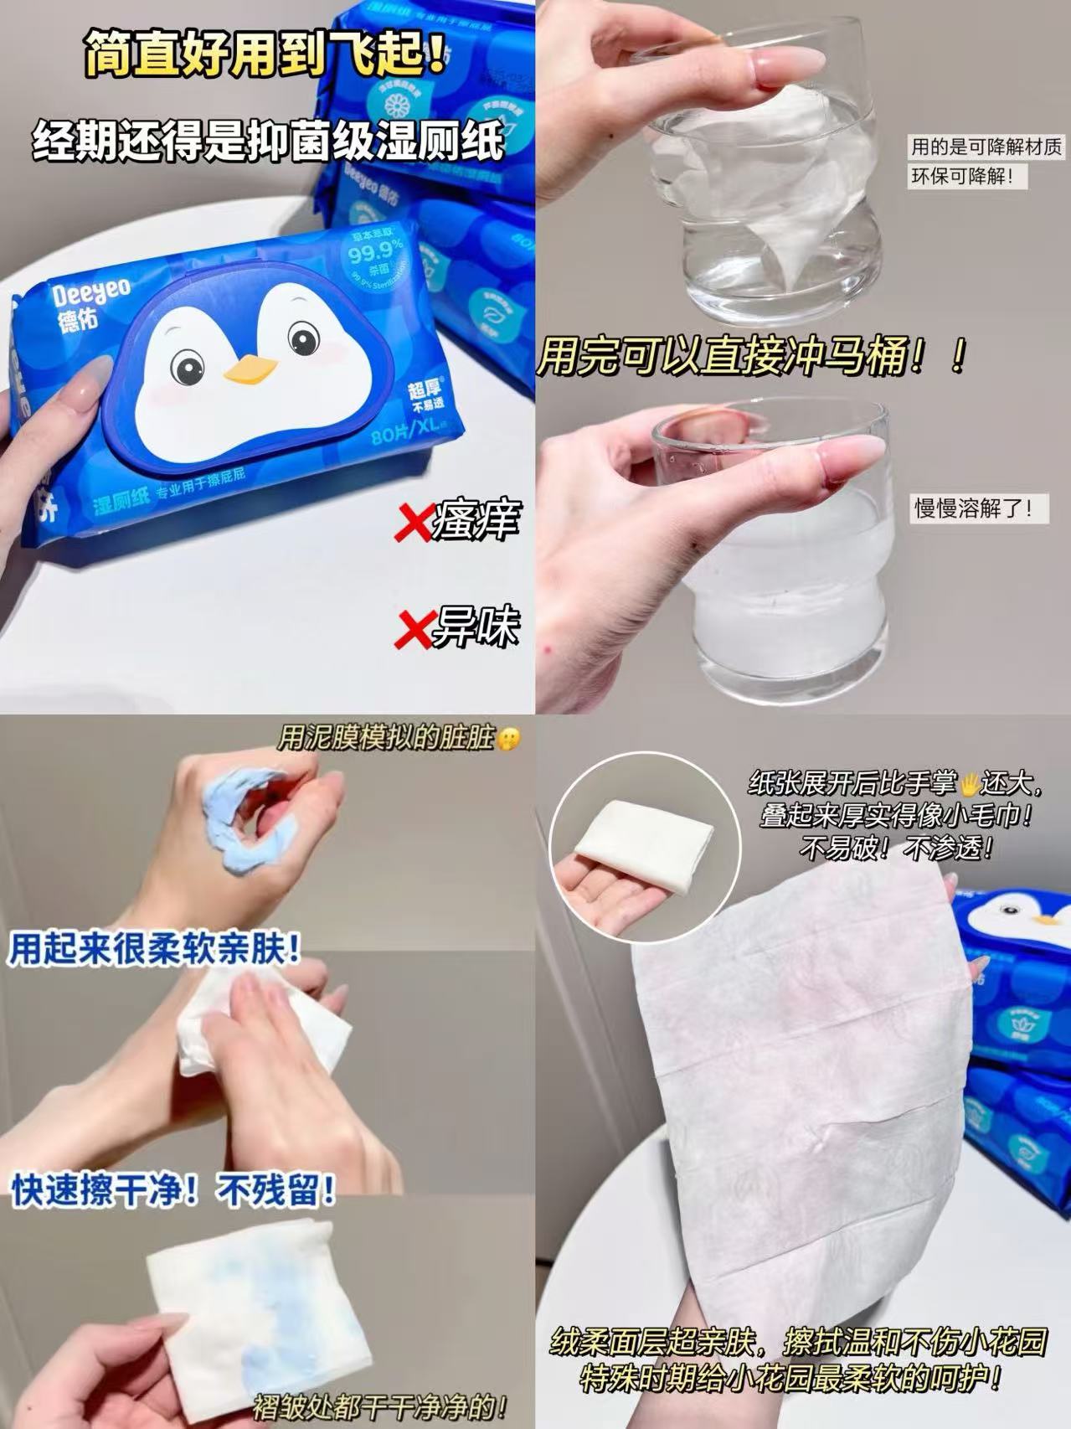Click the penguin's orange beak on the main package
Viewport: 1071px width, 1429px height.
pos(250,369)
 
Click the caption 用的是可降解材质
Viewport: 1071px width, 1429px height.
pos(986,148)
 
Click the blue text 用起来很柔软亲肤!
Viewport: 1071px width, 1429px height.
pos(155,951)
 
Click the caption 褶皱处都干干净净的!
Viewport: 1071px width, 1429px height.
pos(381,1405)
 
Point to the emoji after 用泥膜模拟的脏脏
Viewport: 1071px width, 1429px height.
pos(508,739)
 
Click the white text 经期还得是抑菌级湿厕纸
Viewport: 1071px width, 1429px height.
pos(268,140)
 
